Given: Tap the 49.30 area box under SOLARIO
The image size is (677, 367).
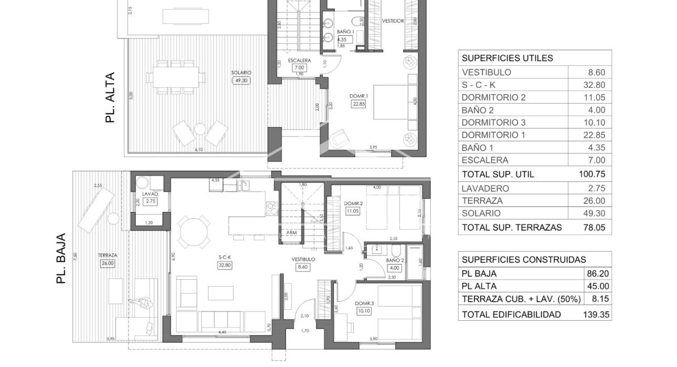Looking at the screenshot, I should tap(241, 80).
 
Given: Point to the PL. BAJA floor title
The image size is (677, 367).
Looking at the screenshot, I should tap(60, 259).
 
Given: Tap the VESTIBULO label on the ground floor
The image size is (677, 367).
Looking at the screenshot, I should tap(304, 259).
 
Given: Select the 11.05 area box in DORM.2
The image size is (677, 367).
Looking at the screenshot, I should tap(352, 211).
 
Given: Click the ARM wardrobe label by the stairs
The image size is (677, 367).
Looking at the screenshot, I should tap(290, 232).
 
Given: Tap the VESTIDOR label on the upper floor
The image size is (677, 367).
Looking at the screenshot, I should tap(393, 21).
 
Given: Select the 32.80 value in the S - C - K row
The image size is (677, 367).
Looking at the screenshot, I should tap(595, 85).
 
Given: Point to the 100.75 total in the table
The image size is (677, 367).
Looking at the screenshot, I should tap(592, 174).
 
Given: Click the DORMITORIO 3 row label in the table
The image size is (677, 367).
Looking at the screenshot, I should tap(493, 123).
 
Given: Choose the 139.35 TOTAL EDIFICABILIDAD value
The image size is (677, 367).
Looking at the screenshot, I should tap(597, 314).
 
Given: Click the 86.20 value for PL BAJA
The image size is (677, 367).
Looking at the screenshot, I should tap(598, 273).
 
